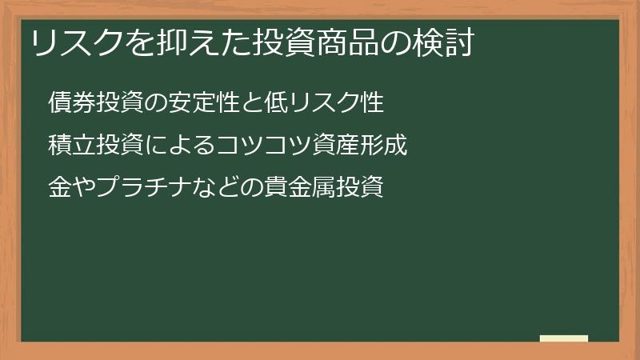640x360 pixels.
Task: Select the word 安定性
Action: [203, 103]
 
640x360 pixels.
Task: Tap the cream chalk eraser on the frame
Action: [563, 338]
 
